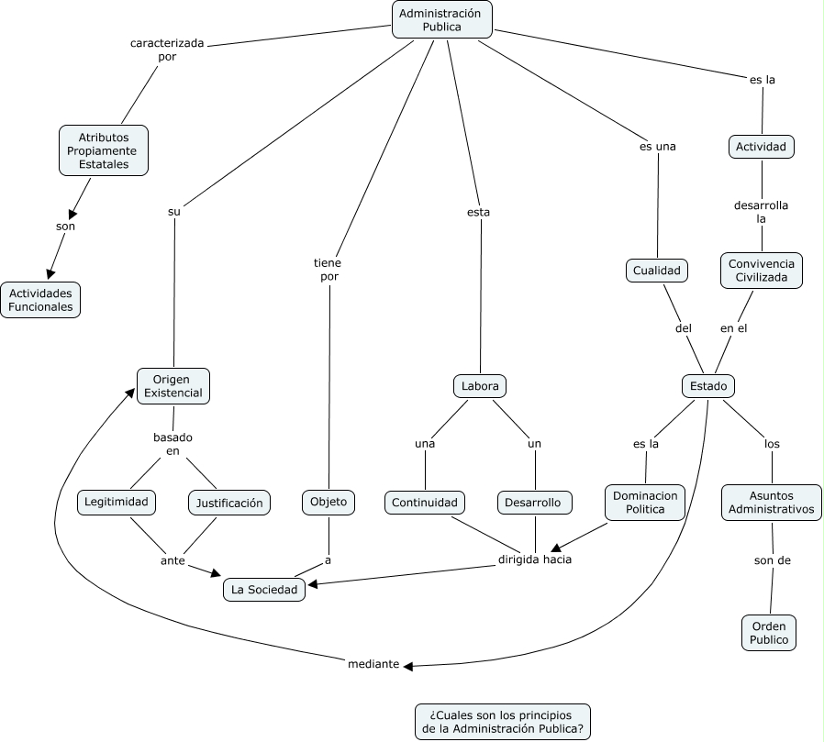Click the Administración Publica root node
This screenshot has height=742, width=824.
click(x=441, y=19)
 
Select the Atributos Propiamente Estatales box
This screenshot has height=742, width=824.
click(x=104, y=150)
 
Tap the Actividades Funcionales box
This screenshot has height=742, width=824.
click(x=41, y=300)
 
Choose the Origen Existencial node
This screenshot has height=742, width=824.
click(x=173, y=385)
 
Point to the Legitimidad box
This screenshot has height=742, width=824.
click(x=117, y=502)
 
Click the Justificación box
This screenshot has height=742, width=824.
click(x=230, y=503)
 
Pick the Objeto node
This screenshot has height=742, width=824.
click(x=328, y=502)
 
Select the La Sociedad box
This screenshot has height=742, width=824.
click(x=264, y=590)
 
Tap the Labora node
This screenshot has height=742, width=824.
click(x=481, y=386)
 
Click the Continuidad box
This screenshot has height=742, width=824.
click(x=425, y=503)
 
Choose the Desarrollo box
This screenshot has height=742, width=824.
click(x=535, y=503)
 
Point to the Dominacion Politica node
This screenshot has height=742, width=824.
click(x=646, y=502)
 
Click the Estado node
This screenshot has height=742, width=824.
click(x=708, y=386)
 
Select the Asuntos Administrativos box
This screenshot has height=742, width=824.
click(x=771, y=502)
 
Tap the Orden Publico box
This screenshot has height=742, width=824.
click(x=769, y=632)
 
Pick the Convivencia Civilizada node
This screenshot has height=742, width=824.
click(x=762, y=271)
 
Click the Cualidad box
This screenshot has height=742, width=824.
click(x=658, y=271)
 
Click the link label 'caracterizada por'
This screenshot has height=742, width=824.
click(x=166, y=50)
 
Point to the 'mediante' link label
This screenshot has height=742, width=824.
click(x=373, y=665)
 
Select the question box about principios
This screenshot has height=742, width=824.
click(x=503, y=722)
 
